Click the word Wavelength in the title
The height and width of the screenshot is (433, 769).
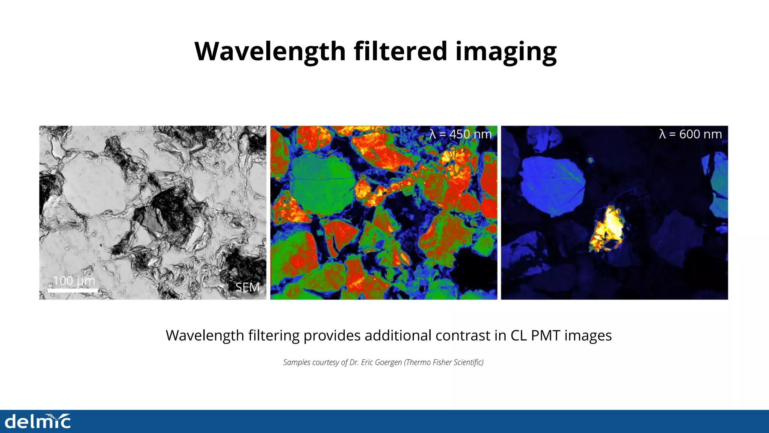[x=270, y=51]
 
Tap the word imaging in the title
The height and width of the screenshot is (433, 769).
[x=506, y=51]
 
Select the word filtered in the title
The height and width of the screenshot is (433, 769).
[x=400, y=51]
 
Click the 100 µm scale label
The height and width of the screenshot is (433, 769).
[x=74, y=281]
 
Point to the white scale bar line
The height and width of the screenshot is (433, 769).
[x=72, y=290]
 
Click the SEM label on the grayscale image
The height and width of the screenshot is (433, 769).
[x=247, y=287]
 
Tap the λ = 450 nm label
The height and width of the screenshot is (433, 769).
[x=460, y=134]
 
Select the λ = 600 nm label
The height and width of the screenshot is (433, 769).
[x=690, y=134]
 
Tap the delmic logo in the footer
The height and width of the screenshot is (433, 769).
[x=38, y=421]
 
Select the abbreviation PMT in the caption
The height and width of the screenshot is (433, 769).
[x=546, y=335]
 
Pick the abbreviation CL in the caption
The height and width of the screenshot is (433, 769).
[x=518, y=335]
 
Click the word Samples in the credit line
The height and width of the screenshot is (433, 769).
[x=297, y=362]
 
